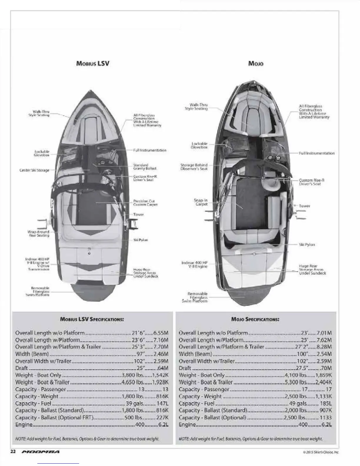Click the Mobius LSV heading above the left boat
tap(93, 63)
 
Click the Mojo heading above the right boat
tap(256, 63)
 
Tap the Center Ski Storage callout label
tap(34, 170)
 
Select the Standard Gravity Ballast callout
tap(145, 167)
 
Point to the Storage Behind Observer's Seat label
tap(194, 167)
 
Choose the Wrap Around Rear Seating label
tap(39, 234)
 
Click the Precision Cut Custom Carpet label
tap(145, 203)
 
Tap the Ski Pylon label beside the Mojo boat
tap(307, 244)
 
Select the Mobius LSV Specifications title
tap(92, 319)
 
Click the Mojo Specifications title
tap(255, 319)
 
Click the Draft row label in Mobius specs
tap(21, 368)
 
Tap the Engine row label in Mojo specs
tap(187, 425)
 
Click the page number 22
tap(13, 452)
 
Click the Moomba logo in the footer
tap(41, 452)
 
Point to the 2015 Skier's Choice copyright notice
tap(320, 452)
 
